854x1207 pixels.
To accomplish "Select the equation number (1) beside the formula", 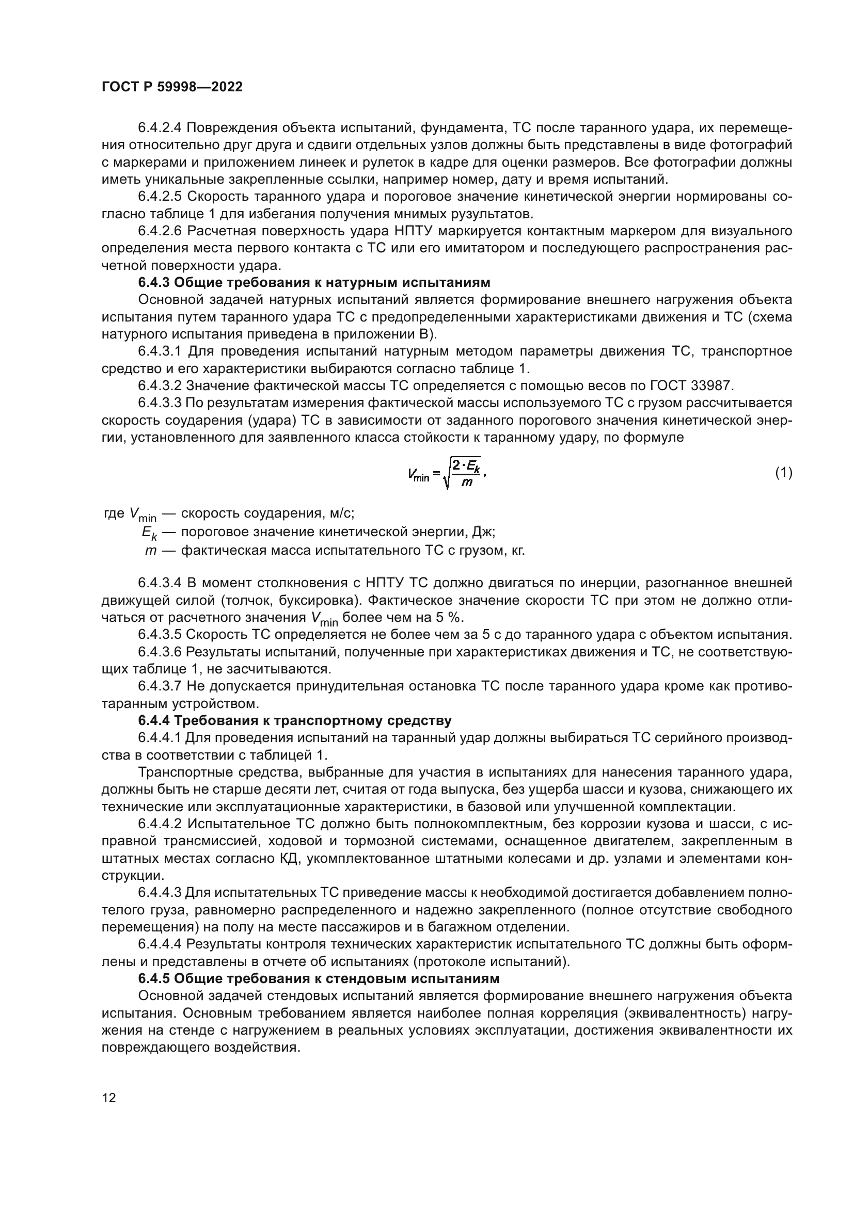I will coord(784,473).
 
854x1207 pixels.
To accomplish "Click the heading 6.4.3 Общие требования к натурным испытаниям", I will coord(314,282).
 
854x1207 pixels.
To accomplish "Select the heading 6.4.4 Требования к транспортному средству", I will coord(294,720).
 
